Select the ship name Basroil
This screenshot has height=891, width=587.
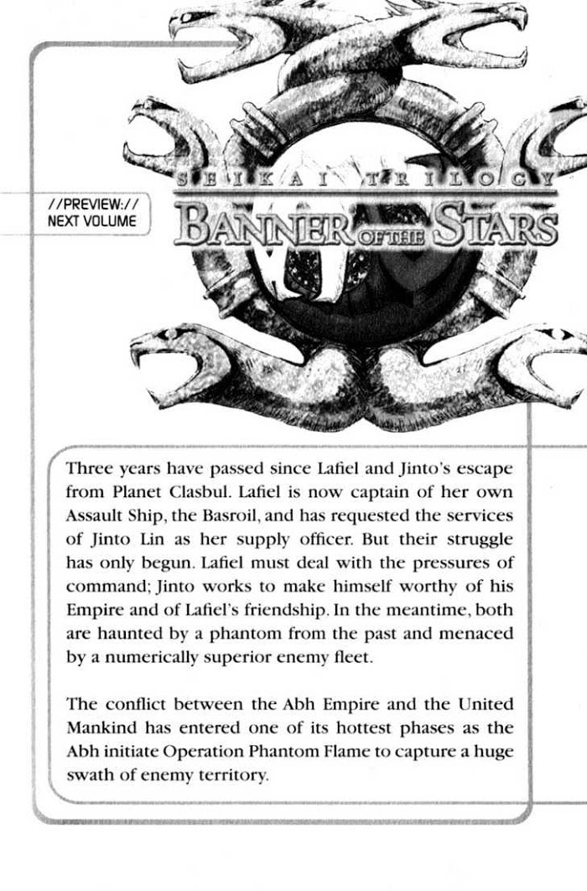click(x=279, y=515)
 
